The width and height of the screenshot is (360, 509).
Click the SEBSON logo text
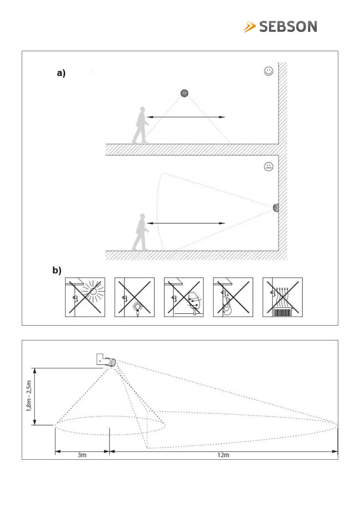tap(288, 27)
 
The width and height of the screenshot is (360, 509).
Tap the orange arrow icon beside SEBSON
tap(250, 27)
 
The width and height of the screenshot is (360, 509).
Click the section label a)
tap(61, 73)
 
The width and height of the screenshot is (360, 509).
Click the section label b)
tap(57, 270)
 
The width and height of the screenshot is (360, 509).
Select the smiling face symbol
tap(268, 71)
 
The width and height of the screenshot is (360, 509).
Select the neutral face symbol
tap(268, 167)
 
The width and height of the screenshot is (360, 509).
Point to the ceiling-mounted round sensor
tap(184, 93)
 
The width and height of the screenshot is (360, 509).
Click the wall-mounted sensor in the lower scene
tap(276, 208)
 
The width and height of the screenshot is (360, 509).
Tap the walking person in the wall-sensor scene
tap(141, 232)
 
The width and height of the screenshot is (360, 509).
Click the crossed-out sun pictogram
tap(85, 297)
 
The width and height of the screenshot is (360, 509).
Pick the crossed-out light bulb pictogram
tap(135, 297)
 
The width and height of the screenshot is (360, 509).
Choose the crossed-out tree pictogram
tap(184, 297)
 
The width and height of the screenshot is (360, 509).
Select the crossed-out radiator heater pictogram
tap(283, 297)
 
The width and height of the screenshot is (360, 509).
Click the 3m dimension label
tap(82, 455)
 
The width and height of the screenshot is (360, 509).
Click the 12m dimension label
tap(223, 455)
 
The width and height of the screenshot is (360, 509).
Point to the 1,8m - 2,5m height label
tap(29, 396)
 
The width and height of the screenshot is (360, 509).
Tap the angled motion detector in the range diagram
tap(106, 360)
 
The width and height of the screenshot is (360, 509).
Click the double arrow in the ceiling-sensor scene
tap(186, 117)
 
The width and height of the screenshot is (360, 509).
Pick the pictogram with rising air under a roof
tap(233, 297)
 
